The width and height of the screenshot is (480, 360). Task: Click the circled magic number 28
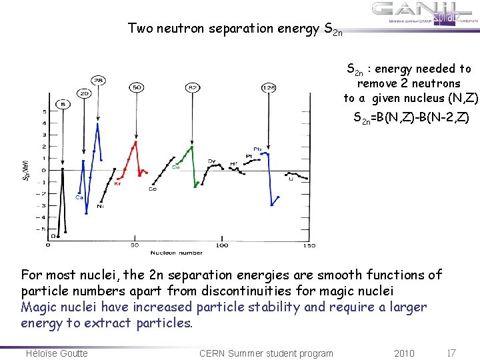click(x=98, y=81)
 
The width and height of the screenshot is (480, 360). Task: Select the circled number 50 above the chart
click(x=136, y=87)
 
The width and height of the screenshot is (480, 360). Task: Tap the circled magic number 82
click(x=193, y=87)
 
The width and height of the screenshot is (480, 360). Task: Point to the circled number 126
click(x=269, y=87)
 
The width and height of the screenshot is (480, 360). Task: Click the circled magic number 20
click(x=84, y=94)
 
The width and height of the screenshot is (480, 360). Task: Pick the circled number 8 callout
click(x=63, y=104)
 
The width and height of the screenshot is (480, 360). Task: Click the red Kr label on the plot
click(x=118, y=184)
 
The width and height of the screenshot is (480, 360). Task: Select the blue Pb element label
click(x=257, y=149)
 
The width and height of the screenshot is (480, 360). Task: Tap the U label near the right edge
click(x=291, y=179)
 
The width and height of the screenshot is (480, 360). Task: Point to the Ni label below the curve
click(x=100, y=206)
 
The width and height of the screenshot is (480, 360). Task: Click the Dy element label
click(x=211, y=161)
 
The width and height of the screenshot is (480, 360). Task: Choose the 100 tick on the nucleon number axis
click(x=222, y=245)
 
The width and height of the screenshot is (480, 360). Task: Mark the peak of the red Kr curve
click(x=136, y=141)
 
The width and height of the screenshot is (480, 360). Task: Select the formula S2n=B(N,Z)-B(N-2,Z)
click(x=411, y=119)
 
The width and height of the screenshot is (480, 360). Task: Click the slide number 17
click(x=451, y=353)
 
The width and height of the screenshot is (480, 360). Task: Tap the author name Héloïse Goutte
click(x=57, y=353)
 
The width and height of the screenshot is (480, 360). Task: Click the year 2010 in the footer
click(x=404, y=353)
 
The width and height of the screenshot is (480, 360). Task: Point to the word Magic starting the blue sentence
click(x=38, y=307)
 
